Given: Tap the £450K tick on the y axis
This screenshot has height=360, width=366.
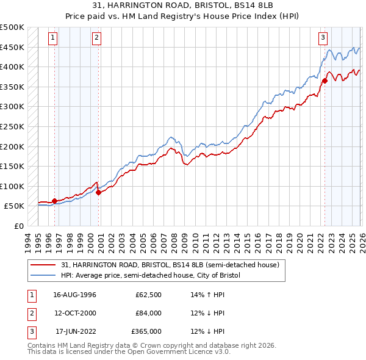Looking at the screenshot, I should pos(12,47).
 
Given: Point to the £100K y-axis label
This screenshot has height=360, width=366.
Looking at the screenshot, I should pos(12,186).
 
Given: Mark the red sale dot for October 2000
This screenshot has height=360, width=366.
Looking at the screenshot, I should pos(98,192).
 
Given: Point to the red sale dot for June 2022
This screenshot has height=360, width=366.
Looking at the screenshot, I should pos(325,81).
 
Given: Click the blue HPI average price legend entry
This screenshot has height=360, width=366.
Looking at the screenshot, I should pos(150,275).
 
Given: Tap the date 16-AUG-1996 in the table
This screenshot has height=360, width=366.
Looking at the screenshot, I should pos(76,295).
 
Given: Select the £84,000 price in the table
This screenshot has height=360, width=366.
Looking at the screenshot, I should pos(149,313).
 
